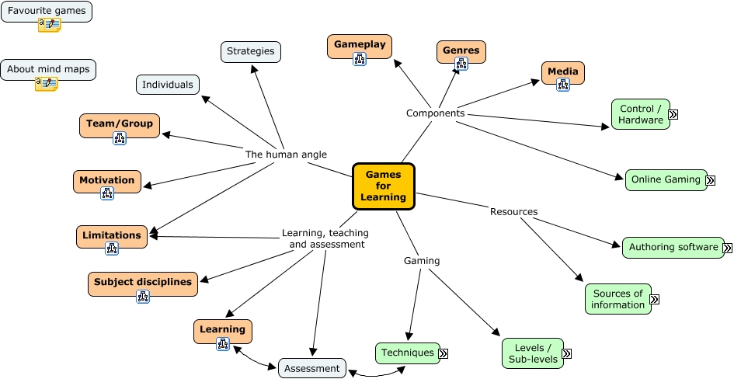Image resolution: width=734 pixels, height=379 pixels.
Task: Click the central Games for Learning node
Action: coord(384,186)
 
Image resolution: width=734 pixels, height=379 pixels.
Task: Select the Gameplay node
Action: coord(360,45)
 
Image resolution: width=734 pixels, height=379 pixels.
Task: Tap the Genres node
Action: coord(461,51)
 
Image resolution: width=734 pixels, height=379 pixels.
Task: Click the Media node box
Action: coord(563,72)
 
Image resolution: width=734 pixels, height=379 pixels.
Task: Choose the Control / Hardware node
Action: coord(640,114)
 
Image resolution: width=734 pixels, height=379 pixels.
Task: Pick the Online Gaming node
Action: coord(666,180)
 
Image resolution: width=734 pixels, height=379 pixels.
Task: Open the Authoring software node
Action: coord(673,248)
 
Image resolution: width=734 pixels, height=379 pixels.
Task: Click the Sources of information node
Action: coord(617,299)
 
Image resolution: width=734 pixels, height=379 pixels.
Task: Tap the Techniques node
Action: coord(407,353)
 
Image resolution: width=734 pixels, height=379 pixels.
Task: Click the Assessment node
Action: coord(311,368)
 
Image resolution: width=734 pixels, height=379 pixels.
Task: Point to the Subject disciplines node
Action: coord(143,283)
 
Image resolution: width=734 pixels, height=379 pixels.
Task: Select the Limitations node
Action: coord(112,235)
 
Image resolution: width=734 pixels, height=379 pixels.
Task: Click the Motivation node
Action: coord(107,180)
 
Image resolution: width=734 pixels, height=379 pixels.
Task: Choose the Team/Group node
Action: coord(120,124)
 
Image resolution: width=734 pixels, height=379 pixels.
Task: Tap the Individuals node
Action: coord(168,85)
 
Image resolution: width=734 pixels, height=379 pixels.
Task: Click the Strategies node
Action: coord(251,52)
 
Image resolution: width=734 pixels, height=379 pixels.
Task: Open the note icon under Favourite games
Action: coord(49,25)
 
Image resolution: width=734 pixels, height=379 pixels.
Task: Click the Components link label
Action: coord(435,113)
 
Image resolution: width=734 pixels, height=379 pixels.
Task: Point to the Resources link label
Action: coord(513,211)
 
